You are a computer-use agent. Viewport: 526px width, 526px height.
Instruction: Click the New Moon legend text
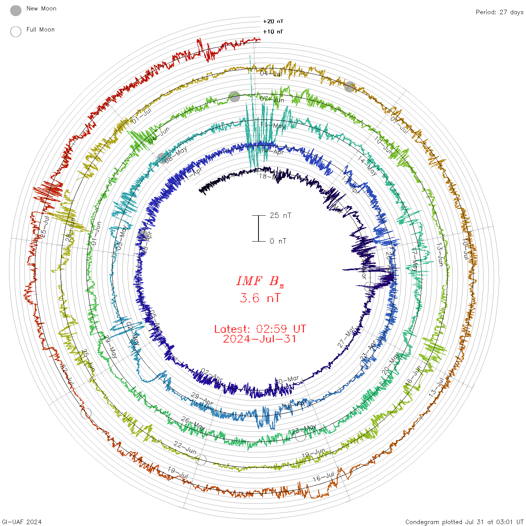tap(41, 9)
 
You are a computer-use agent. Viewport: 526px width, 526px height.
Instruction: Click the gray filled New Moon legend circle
tap(16, 11)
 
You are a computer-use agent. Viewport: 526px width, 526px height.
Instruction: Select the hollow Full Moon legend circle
tap(16, 32)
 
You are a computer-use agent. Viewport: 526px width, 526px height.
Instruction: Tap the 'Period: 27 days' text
tap(499, 12)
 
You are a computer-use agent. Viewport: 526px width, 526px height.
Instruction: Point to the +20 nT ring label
tap(273, 22)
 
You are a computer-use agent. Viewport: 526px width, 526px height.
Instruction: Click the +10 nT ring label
tap(273, 32)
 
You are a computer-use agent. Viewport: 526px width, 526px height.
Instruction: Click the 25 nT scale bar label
tap(280, 216)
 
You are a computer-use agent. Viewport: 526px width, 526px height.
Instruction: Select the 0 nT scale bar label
tap(278, 241)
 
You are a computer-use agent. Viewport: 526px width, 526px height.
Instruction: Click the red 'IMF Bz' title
tap(260, 281)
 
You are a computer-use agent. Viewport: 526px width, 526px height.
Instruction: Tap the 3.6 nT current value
tap(260, 298)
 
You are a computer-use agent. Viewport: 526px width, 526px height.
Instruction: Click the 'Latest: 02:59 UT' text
tap(260, 329)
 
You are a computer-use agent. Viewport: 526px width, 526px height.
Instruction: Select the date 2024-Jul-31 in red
tap(260, 339)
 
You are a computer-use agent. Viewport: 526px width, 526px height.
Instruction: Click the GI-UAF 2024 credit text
tap(21, 522)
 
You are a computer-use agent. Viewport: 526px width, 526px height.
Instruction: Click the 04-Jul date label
tap(271, 74)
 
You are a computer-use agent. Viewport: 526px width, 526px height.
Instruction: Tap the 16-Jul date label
tap(323, 477)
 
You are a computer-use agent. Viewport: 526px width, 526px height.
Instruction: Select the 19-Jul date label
tap(178, 473)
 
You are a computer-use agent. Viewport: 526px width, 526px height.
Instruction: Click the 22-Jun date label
tap(185, 447)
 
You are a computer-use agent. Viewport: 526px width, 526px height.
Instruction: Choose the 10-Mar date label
tap(287, 380)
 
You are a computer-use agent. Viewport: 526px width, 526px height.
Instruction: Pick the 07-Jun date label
tap(272, 100)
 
